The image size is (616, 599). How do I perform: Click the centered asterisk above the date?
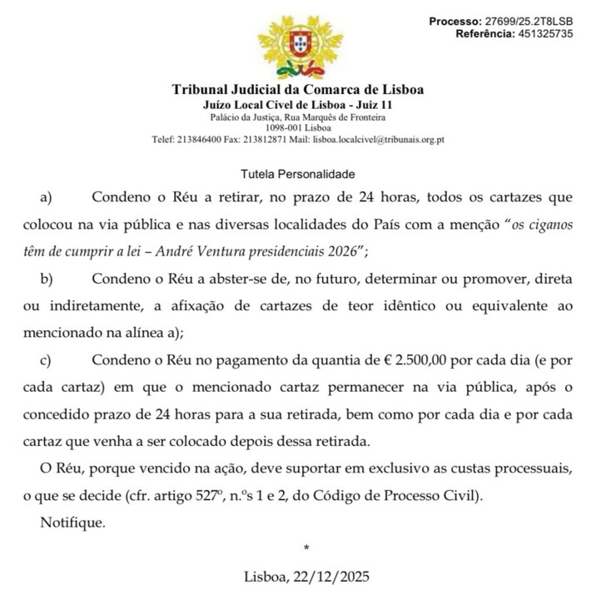click(306, 549)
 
